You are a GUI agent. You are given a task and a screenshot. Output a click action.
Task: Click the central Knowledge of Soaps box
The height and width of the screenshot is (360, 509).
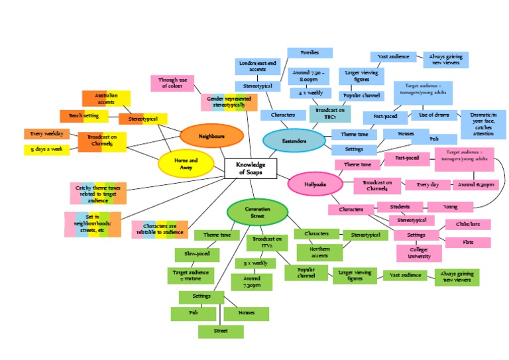(x=251, y=169)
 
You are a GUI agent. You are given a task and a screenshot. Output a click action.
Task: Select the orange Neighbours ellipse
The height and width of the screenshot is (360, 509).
(x=211, y=136)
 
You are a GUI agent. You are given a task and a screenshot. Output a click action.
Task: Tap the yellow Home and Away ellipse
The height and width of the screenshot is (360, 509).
(x=186, y=164)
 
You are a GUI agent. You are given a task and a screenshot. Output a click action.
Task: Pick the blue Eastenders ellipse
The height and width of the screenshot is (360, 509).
(x=294, y=141)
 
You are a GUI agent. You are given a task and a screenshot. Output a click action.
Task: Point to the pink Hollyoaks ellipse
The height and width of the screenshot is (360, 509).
(x=315, y=184)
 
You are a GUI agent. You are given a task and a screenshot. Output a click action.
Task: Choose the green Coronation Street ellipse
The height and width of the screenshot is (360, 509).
(x=257, y=213)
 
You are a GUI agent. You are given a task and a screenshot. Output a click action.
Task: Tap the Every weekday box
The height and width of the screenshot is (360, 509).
(x=47, y=134)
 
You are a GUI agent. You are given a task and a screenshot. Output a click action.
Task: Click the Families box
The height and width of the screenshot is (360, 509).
(x=309, y=52)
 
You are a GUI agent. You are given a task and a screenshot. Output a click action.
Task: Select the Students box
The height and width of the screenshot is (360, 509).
(x=400, y=207)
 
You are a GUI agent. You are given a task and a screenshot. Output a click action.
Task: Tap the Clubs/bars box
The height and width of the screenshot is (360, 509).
(x=467, y=225)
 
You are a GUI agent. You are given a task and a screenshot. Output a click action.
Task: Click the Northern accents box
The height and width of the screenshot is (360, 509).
(x=319, y=252)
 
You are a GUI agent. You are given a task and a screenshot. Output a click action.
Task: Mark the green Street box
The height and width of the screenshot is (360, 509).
(x=221, y=331)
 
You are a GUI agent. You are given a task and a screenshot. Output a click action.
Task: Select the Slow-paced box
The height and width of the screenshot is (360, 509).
(x=197, y=255)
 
